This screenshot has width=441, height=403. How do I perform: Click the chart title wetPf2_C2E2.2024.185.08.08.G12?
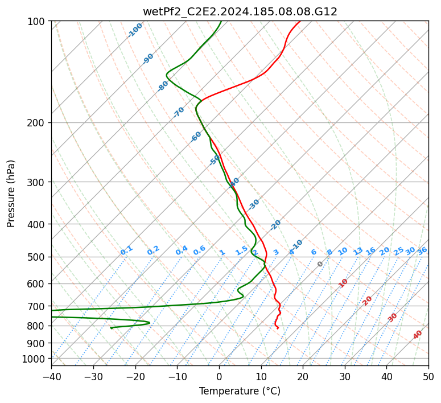(240, 11)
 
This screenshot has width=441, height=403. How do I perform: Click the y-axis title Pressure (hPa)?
(11, 194)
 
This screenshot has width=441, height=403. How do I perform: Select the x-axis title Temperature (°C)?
(240, 391)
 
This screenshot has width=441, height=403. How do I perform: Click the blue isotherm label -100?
(135, 30)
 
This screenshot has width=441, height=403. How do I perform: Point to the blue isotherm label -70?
(179, 112)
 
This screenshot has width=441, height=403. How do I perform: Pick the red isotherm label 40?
(418, 335)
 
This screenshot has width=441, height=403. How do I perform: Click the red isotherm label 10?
(343, 283)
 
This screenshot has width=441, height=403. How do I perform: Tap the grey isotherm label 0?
(320, 264)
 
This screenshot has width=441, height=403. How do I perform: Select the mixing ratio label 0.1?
(126, 250)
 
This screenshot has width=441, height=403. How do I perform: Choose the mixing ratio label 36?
(422, 250)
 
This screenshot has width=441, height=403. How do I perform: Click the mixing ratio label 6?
(314, 252)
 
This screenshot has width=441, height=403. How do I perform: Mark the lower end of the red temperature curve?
(278, 328)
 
